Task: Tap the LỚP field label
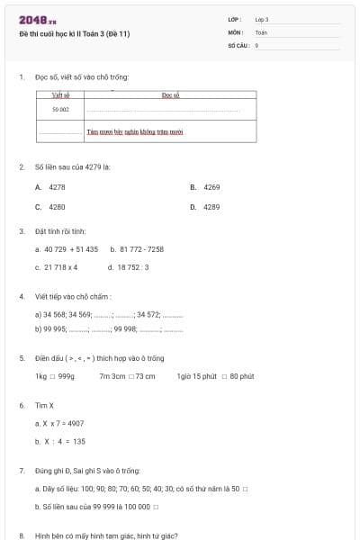click(x=235, y=19)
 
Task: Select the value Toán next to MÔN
click(x=261, y=31)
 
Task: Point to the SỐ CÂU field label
click(x=238, y=44)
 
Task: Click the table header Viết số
click(x=61, y=94)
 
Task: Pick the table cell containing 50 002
click(x=60, y=109)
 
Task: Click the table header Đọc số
click(x=171, y=94)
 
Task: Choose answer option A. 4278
click(x=50, y=187)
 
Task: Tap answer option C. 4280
click(x=50, y=207)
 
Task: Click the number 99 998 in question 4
click(x=125, y=329)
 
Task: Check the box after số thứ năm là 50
click(x=245, y=489)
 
